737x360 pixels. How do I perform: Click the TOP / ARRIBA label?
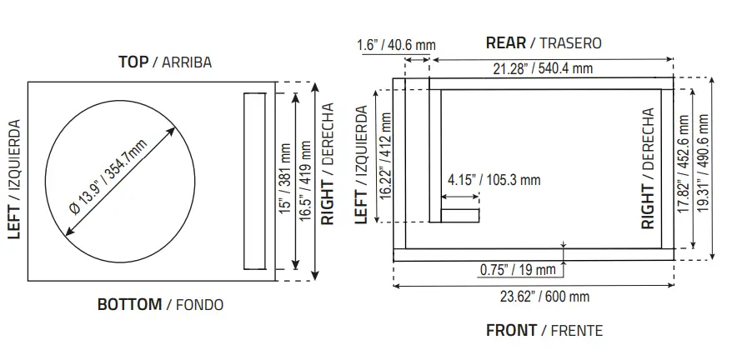[x=164, y=62]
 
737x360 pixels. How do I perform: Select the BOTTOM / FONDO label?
[x=160, y=304]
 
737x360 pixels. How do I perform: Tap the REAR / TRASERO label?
[x=543, y=42]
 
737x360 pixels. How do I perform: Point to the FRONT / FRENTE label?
[x=544, y=331]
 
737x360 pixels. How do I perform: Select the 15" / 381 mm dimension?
[x=286, y=182]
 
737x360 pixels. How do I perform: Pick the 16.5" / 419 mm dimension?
[x=306, y=182]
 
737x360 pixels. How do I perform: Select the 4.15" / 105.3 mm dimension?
[x=494, y=179]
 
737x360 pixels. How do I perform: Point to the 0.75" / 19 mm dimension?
[x=518, y=269]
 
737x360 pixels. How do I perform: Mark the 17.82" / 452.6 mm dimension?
[x=684, y=165]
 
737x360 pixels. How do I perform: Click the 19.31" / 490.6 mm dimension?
[x=704, y=165]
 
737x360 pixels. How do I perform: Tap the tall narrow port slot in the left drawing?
[x=254, y=182]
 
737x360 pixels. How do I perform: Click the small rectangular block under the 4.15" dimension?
[x=460, y=217]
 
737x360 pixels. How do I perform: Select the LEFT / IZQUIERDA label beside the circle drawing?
[x=13, y=178]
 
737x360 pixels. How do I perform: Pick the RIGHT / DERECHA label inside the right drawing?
[x=648, y=168]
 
